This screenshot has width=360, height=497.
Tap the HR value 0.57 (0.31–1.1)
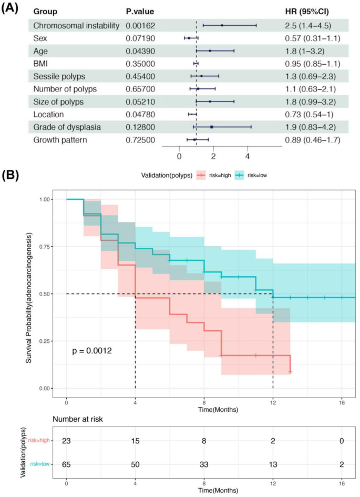pyautogui.click(x=311, y=38)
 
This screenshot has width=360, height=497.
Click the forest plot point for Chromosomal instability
pyautogui.click(x=222, y=25)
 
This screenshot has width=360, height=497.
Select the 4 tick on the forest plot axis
pyautogui.click(x=247, y=156)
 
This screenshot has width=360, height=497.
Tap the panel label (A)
pyautogui.click(x=13, y=9)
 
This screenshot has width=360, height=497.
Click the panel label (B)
pyautogui.click(x=13, y=175)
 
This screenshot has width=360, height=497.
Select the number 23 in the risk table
pyautogui.click(x=66, y=441)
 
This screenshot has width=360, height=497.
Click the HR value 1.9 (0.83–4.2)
pyautogui.click(x=311, y=127)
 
